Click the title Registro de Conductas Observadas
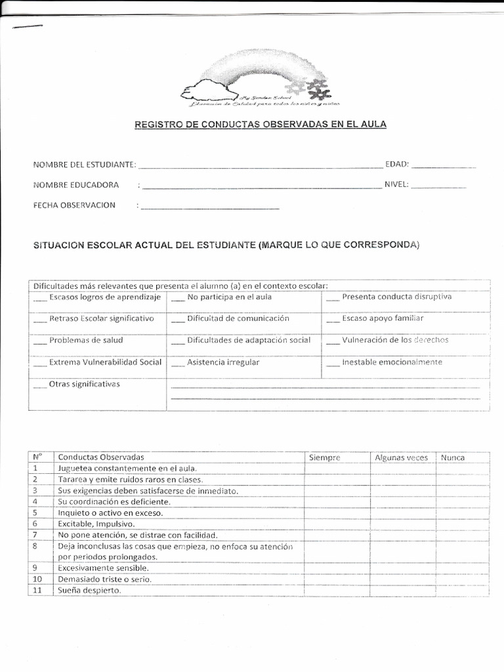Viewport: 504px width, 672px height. [261, 124]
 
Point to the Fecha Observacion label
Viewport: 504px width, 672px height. [74, 205]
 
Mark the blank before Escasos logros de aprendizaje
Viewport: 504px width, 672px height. [39, 299]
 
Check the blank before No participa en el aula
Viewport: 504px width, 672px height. [177, 299]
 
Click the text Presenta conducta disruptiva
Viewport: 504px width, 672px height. [396, 297]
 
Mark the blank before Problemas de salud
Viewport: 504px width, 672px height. [39, 342]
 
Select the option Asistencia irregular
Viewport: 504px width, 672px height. [223, 362]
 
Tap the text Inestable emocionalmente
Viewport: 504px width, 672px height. [392, 362]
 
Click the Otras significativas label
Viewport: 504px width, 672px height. [85, 384]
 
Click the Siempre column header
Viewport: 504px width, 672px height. [324, 457]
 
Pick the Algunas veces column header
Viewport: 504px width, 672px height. [401, 457]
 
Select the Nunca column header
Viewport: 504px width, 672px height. [453, 457]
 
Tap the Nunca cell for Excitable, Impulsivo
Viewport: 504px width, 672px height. [463, 524]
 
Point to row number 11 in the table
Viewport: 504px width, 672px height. [37, 590]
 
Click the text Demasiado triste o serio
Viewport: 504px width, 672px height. [105, 579]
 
